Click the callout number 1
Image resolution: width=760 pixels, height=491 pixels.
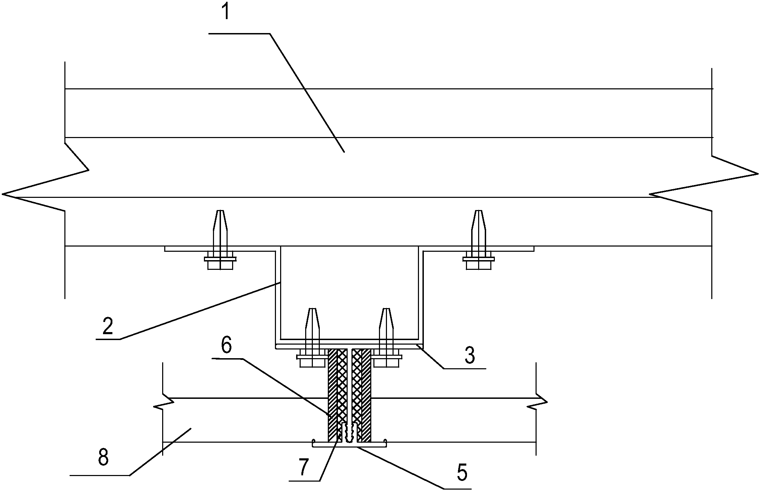pos(227,11)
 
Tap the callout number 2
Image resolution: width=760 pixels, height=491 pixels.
pos(108,325)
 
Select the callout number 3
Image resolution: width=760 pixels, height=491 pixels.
pos(470,355)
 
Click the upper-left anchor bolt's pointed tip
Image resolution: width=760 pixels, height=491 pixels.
pos(220,211)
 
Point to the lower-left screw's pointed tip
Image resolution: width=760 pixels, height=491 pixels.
pos(312,309)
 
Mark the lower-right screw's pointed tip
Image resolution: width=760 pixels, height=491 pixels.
pos(386,309)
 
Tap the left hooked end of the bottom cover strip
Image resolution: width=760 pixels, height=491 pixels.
pos(315,442)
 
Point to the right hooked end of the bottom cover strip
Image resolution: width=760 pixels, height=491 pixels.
pos(385,442)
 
